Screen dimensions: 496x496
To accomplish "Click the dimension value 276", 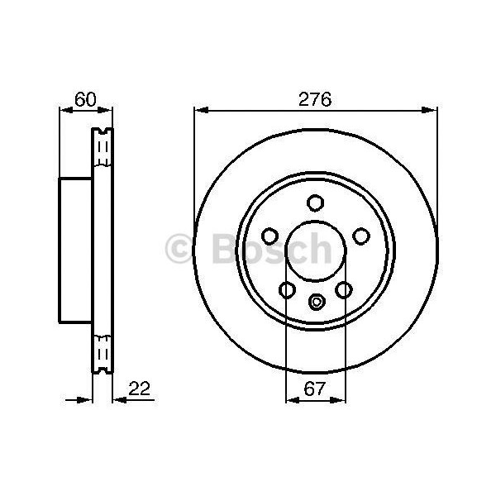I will click(315, 99).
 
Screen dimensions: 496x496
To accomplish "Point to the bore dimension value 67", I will click(315, 387).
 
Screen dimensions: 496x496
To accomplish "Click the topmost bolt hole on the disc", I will click(315, 201).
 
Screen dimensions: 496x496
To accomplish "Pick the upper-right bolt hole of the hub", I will click(360, 236).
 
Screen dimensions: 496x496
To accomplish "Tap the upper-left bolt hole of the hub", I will click(269, 236).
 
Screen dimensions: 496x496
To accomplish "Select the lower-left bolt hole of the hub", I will click(287, 289).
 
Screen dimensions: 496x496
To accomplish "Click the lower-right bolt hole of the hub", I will click(343, 289).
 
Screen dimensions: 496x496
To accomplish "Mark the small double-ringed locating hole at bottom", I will click(315, 302).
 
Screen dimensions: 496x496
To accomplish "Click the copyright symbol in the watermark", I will click(181, 248).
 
